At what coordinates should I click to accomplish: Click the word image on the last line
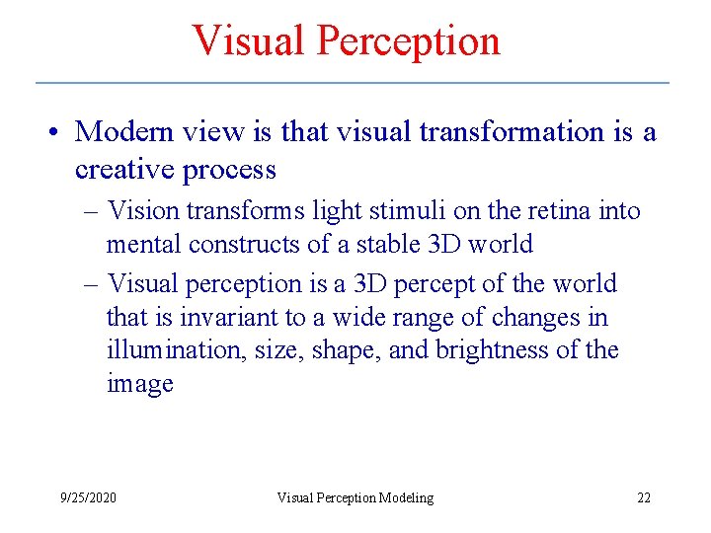click(139, 384)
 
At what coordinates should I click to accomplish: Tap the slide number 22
click(643, 497)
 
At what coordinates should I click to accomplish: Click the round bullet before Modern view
click(60, 132)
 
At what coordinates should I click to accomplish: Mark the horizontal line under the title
click(352, 82)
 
